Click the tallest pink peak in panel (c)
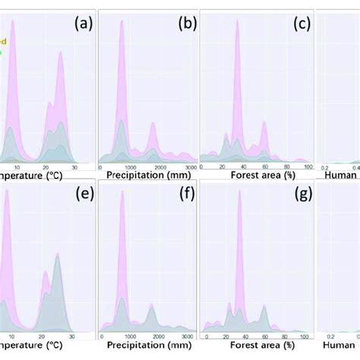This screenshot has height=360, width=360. coord(238,23)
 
